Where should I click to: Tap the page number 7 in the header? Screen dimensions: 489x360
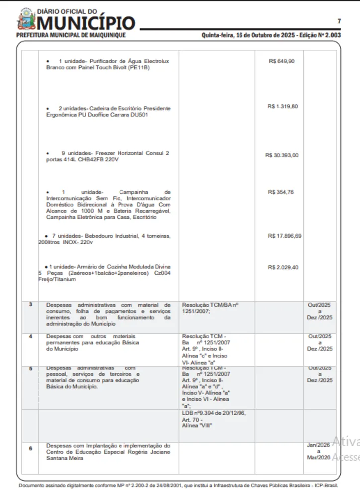(x=339, y=21)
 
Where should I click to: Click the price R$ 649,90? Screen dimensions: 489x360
(x=282, y=61)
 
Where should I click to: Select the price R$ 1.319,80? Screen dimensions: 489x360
(x=282, y=106)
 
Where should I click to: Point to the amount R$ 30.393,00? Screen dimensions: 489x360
(x=282, y=155)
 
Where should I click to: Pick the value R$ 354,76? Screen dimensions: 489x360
(x=281, y=192)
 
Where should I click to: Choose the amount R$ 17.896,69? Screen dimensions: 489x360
(x=284, y=236)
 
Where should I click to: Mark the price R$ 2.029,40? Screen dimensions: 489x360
(x=283, y=267)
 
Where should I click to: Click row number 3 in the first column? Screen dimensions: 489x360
(x=30, y=304)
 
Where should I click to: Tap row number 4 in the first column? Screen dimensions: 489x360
(x=30, y=336)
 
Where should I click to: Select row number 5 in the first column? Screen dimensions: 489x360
(x=30, y=369)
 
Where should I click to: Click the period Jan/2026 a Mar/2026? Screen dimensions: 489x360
(x=319, y=451)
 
